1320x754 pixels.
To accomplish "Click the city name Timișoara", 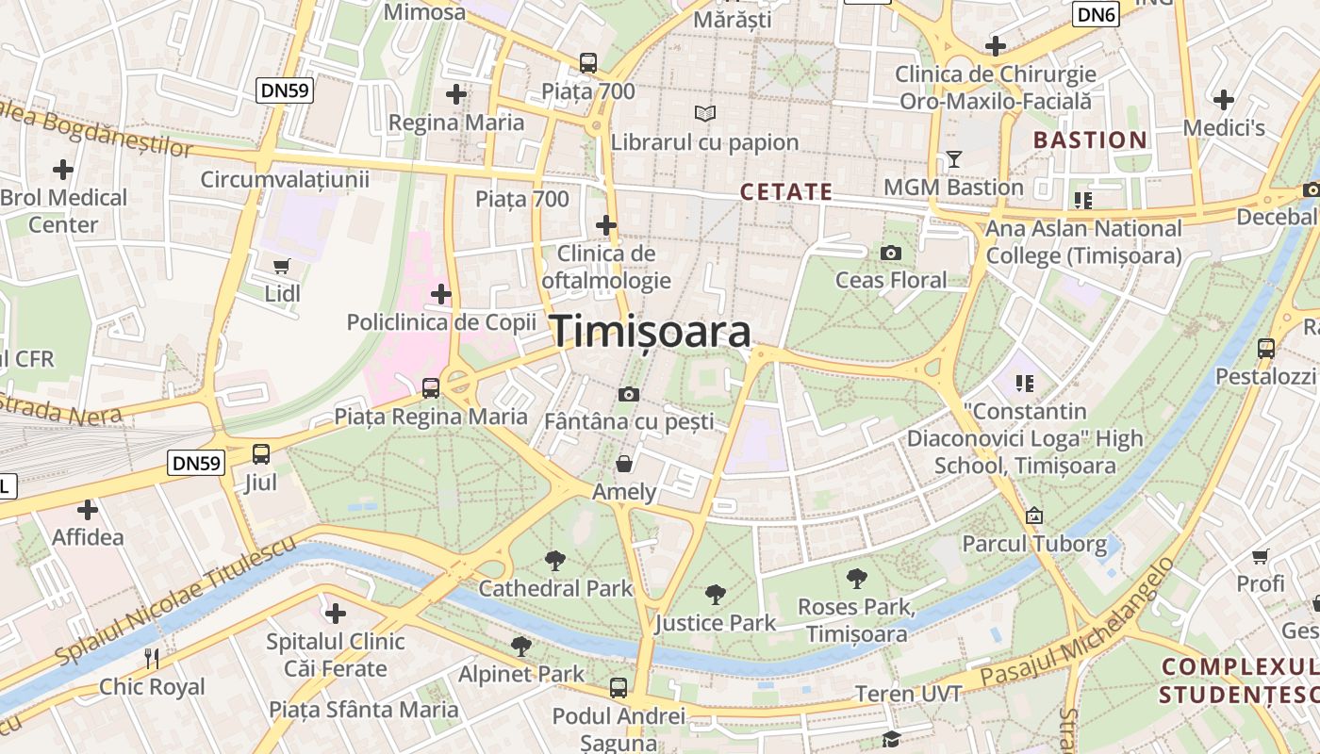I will coord(651,332).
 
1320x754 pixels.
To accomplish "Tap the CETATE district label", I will coord(785,191).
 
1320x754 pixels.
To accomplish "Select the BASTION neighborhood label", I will coord(1090,140).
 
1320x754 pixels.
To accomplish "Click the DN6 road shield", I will coord(1096,14).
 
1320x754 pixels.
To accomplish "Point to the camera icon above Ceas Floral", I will coord(890,253).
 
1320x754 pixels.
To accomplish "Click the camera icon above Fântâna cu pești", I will coord(629,394).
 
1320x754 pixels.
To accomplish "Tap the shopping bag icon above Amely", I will coord(624,464).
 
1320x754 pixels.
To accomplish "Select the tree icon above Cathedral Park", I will coord(555,561).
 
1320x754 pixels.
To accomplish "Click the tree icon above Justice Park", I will coord(716,595).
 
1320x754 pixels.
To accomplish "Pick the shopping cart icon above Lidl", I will coord(282,267).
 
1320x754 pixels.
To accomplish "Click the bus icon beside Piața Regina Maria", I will coord(431,387).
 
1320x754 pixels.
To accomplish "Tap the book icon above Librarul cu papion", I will coord(704,114).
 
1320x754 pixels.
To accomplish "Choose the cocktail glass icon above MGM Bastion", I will coord(953,159).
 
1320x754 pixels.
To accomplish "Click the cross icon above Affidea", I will coord(88,510).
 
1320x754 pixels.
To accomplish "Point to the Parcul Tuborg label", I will coord(1034,544).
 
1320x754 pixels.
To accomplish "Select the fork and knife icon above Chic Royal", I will coord(152,658).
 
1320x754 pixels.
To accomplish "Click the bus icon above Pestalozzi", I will coord(1265,348).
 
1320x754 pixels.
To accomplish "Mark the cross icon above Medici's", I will coord(1224,100).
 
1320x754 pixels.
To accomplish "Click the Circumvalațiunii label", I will coord(285,179).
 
